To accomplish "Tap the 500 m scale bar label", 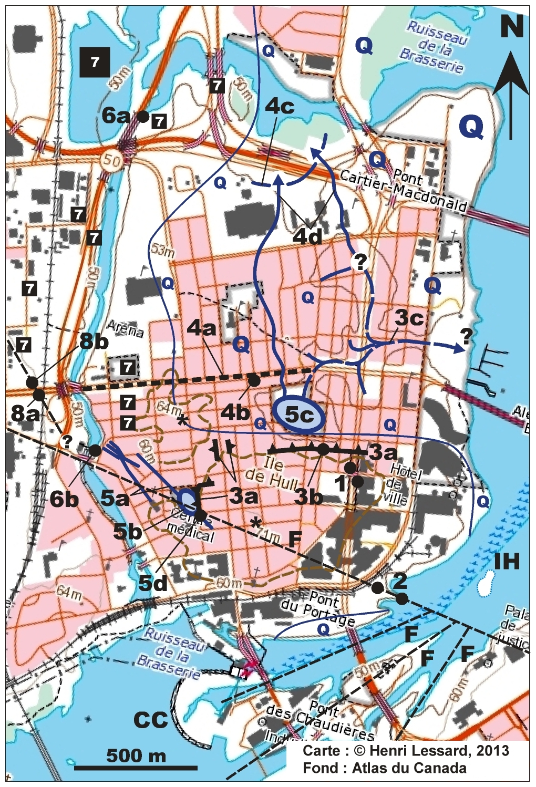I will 136,755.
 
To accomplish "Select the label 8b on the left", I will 94,341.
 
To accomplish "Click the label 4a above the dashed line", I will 202,329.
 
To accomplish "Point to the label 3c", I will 409,318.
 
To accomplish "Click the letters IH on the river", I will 507,562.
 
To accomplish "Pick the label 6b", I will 65,499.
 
